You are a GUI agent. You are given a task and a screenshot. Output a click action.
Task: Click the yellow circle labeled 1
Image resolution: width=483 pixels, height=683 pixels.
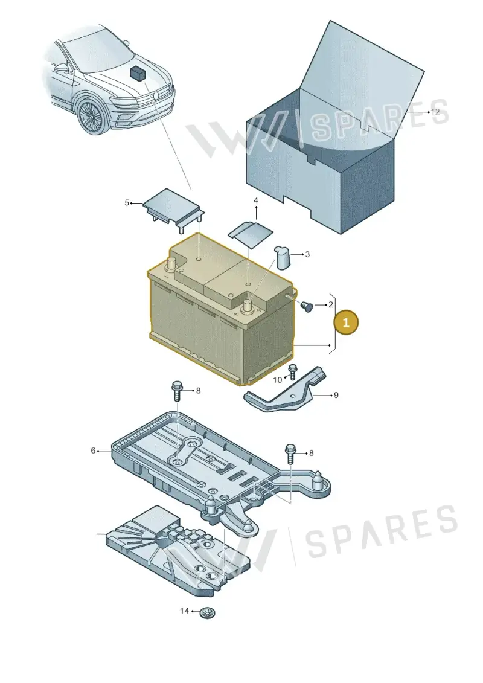346,322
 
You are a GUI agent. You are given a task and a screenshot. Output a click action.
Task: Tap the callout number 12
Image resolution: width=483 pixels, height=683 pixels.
435,112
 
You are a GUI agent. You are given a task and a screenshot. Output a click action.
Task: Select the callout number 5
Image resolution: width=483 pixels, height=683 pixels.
127,202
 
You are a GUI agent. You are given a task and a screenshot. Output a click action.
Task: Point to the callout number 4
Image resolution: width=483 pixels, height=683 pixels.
255,200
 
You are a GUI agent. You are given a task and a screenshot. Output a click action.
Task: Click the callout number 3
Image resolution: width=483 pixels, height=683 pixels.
307,254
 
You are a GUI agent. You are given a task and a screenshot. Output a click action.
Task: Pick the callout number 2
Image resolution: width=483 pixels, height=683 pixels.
331,305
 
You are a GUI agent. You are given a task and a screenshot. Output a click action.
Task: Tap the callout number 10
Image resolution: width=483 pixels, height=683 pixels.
278,380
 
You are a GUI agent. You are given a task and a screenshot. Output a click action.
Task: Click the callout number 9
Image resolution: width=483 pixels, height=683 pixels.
336,395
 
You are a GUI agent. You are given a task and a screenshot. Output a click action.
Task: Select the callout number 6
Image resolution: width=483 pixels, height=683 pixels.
93,451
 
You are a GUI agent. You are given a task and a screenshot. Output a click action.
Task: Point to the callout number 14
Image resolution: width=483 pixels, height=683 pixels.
185,611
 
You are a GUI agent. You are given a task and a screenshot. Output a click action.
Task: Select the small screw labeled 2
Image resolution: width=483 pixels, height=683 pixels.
307,307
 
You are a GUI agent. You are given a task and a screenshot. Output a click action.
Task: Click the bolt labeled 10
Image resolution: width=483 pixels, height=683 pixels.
292,373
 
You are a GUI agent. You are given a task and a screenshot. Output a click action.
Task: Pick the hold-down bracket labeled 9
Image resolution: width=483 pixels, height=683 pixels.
286,391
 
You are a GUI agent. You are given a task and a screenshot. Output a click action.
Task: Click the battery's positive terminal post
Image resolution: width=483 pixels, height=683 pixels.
248,304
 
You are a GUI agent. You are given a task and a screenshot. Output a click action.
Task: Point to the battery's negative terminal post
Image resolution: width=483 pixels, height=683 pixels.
171,263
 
